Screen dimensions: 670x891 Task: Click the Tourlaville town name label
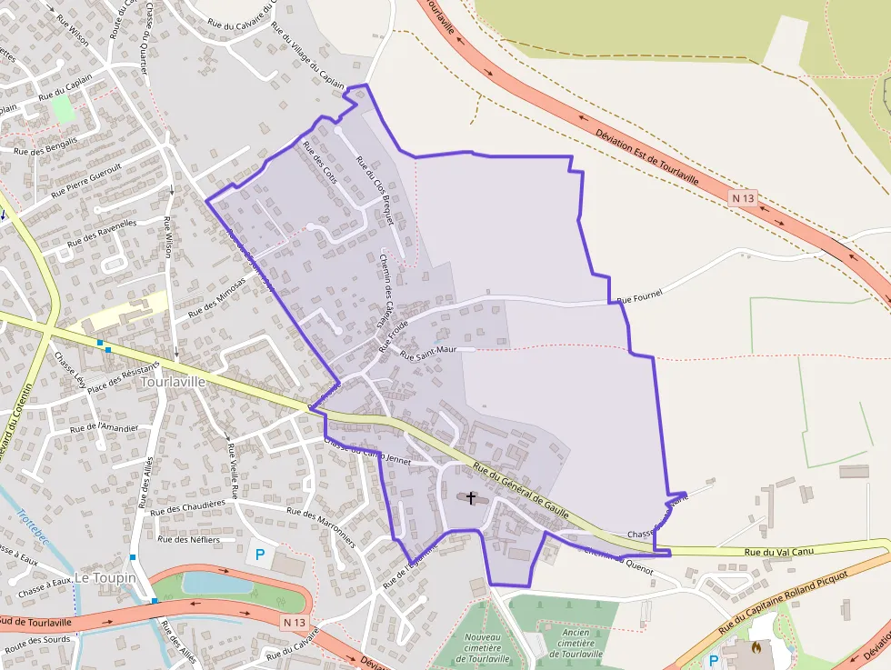click(x=174, y=382)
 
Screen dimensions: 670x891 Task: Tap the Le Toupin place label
click(x=105, y=577)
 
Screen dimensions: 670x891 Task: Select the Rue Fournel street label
click(x=640, y=295)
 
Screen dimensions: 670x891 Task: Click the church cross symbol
click(x=471, y=497)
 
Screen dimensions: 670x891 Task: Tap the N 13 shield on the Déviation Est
click(x=743, y=197)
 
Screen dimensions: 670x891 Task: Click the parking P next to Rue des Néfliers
click(x=259, y=553)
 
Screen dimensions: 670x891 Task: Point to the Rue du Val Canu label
click(x=777, y=551)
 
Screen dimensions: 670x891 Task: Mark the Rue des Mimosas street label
click(x=217, y=297)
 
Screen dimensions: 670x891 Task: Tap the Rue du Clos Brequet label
click(x=375, y=190)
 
